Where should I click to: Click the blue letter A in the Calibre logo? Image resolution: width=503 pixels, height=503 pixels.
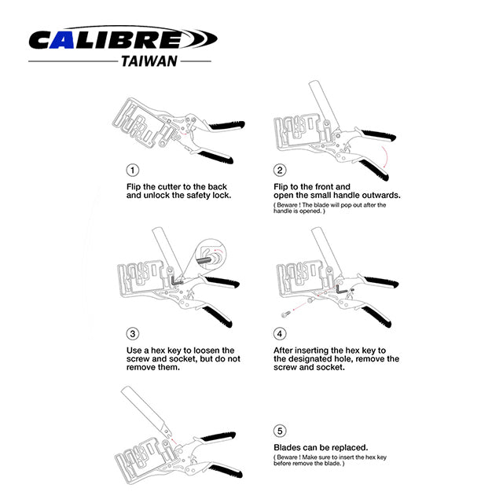coord(62,40)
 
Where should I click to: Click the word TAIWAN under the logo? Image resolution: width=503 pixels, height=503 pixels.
coord(149,61)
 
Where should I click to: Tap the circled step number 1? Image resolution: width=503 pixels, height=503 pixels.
coord(133,170)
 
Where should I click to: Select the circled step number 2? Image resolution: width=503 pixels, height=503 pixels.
coord(280,170)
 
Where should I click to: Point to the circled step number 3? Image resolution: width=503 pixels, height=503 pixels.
coord(133,334)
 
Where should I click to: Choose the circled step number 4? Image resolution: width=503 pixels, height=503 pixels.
coord(280,334)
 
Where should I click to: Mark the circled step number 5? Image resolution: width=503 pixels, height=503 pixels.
coord(280,431)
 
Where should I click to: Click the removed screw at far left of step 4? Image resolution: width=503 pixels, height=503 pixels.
coord(286,314)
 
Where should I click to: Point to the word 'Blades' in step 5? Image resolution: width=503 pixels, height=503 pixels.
coord(288,447)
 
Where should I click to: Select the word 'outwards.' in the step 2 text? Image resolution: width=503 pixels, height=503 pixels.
coord(381,196)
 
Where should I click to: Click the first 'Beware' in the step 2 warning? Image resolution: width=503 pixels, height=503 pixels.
coord(287,205)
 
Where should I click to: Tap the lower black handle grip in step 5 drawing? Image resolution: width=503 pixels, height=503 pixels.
coord(226,470)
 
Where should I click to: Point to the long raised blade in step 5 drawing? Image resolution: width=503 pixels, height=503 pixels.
coord(146,411)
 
